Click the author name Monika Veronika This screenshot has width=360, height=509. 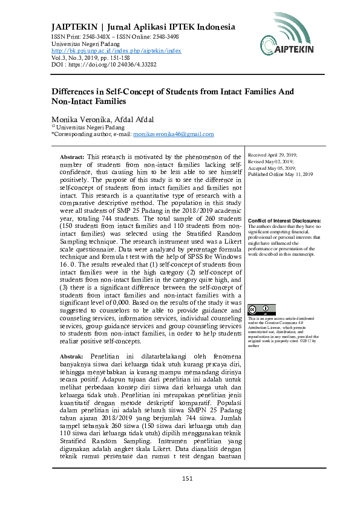(78, 119)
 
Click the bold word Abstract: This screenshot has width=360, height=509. (72, 156)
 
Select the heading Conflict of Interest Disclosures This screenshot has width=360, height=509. (284, 221)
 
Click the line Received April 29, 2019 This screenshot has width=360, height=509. (273, 155)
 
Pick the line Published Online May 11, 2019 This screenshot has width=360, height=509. (281, 174)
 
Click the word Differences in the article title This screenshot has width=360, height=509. (73, 92)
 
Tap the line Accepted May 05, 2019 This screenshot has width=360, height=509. (271, 168)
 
